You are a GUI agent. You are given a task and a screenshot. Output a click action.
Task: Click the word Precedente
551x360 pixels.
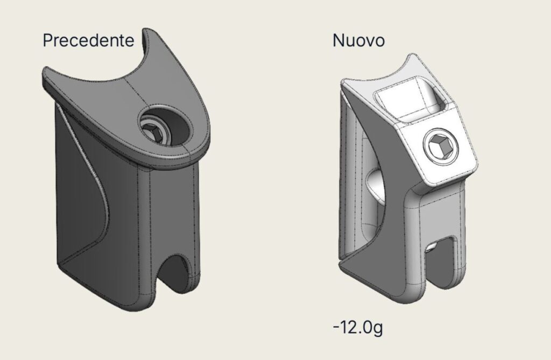coord(88,40)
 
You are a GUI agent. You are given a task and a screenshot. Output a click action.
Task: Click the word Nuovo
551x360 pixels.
coord(358,40)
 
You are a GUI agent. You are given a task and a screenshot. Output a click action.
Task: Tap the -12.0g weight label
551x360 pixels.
coord(358,327)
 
